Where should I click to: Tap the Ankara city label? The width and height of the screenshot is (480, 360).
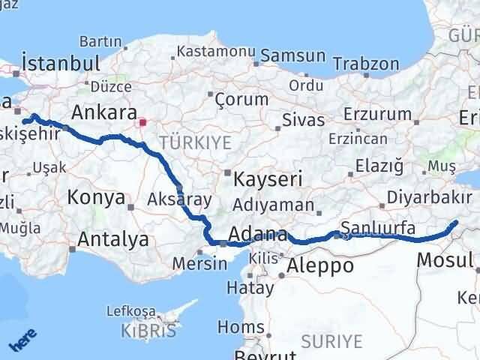click(102, 112)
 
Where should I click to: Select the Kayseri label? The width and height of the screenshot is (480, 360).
click(268, 180)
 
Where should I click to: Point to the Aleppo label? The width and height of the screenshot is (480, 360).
click(320, 265)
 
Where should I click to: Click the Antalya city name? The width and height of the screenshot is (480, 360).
click(113, 240)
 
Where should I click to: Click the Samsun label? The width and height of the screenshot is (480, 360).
click(293, 56)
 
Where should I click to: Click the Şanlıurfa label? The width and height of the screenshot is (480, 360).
click(377, 227)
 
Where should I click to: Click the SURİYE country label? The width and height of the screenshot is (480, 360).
click(331, 342)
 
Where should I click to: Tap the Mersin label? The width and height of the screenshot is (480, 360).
click(200, 263)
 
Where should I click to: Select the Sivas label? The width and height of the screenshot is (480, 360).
click(304, 120)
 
